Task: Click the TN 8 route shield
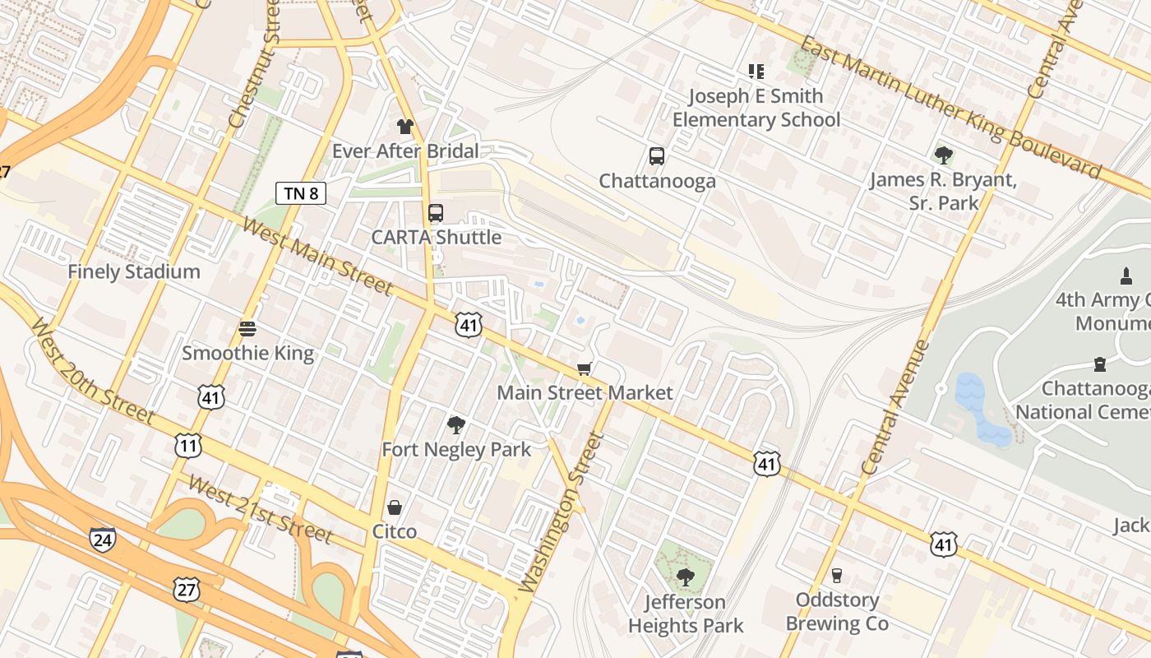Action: point(301,193)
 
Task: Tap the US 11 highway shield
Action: point(188,445)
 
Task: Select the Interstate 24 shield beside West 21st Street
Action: point(103,540)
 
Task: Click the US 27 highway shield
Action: point(187,588)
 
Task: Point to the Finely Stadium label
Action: point(133,271)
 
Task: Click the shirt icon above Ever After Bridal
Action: point(405,127)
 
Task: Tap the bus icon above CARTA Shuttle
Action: point(436,213)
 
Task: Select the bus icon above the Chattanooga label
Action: point(656,156)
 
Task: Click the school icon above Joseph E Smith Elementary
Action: point(756,72)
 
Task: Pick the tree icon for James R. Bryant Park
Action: point(943,155)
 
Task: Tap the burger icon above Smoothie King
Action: point(247,329)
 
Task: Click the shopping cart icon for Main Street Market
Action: point(585,368)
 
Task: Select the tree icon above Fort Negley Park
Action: point(455,425)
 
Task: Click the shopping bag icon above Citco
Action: point(395,507)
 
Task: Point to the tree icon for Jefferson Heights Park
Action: point(685,577)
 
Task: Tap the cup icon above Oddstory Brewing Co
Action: point(837,575)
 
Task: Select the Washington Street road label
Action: point(562,512)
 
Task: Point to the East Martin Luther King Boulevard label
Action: point(950,107)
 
